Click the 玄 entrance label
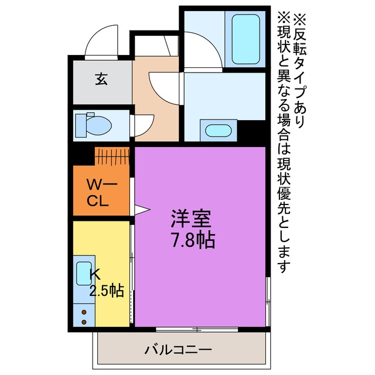101,79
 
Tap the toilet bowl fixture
93,125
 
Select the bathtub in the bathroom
246,39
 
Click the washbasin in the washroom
219,131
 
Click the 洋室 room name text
190,219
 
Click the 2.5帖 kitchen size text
107,291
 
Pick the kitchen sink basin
84,274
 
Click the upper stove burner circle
84,312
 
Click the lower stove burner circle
84,322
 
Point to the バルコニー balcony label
178,350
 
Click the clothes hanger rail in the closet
112,156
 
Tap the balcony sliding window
197,329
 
